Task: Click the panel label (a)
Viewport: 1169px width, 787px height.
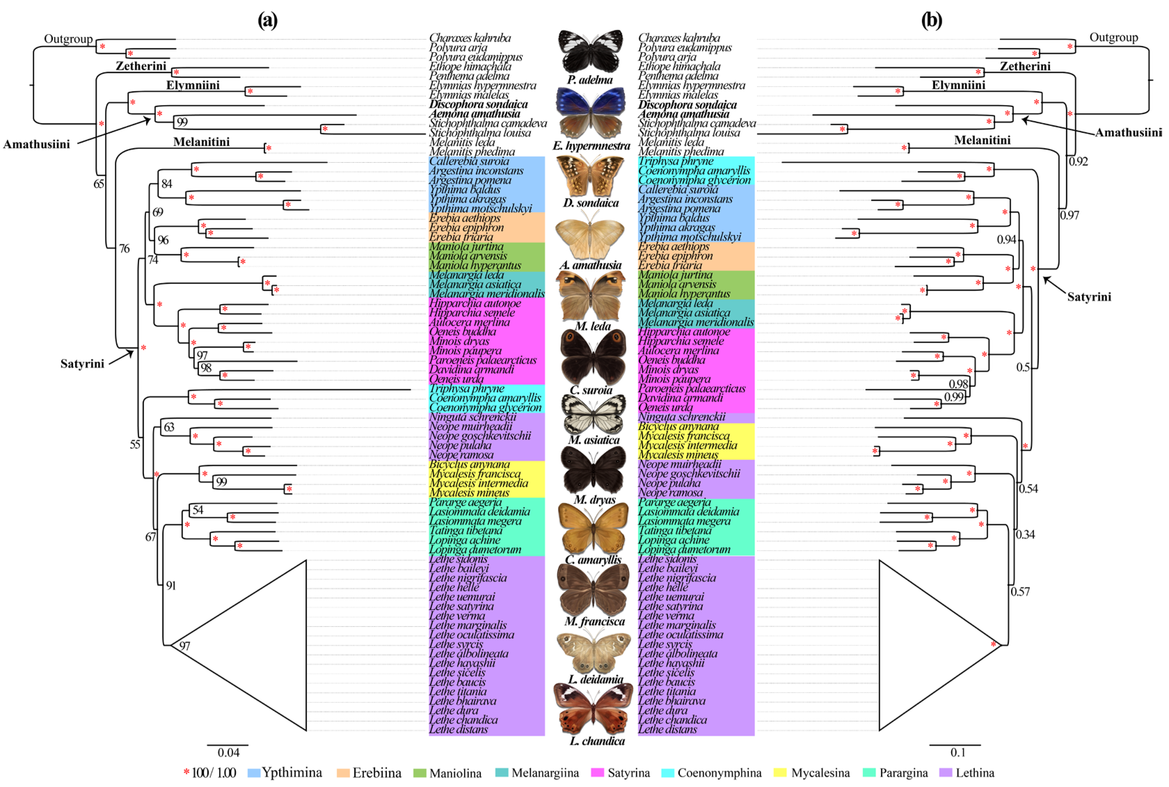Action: point(267,21)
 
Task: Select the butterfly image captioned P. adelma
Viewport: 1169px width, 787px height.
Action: point(590,50)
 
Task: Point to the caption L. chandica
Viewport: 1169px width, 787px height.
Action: point(597,741)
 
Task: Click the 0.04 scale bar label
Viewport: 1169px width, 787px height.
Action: point(228,752)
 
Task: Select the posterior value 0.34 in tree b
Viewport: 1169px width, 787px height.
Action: point(1025,534)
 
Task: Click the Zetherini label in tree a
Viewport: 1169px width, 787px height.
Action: point(141,66)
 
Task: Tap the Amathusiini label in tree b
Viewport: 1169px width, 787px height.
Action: point(1128,133)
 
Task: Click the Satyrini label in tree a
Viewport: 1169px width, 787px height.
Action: point(82,363)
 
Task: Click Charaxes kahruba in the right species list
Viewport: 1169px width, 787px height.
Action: point(679,38)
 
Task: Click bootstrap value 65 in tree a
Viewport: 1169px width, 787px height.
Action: point(99,184)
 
